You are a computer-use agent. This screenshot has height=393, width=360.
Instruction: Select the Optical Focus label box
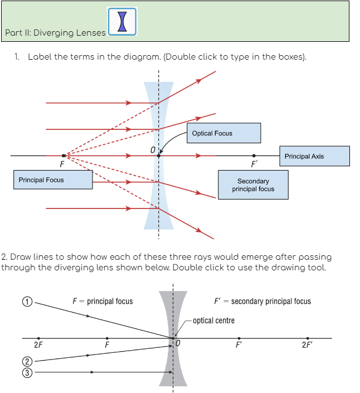tap(223, 133)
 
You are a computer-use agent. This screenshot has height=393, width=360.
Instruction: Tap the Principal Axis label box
tap(314, 156)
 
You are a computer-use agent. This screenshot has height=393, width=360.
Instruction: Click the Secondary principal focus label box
tap(253, 185)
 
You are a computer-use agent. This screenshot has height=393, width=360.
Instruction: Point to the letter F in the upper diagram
tap(61, 164)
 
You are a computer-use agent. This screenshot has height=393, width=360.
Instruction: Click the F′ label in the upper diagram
tap(254, 165)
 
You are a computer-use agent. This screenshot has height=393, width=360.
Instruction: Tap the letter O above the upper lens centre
tap(152, 149)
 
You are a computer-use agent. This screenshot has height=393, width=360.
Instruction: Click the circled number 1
tap(26, 302)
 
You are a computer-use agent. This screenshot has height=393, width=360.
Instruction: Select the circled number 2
tap(26, 362)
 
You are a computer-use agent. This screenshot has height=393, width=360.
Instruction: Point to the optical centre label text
tap(213, 321)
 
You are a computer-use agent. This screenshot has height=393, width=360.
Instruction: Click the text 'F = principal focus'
tap(103, 301)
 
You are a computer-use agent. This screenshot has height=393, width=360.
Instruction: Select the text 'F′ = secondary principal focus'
tap(262, 301)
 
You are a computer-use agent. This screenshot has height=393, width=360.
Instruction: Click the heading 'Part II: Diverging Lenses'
tap(55, 32)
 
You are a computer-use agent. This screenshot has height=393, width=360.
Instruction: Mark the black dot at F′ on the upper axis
tap(254, 156)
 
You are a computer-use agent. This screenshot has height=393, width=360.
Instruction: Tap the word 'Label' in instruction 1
tap(39, 57)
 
